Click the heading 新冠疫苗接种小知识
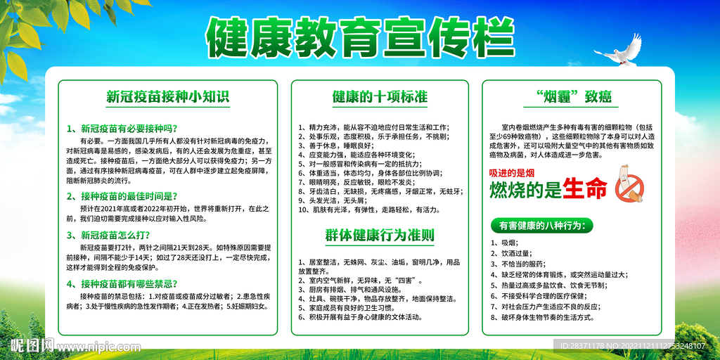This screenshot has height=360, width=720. coord(167,96)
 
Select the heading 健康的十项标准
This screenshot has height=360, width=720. coord(380,96)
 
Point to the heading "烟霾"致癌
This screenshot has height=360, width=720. coord(572,96)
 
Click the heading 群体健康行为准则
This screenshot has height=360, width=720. coord(380,235)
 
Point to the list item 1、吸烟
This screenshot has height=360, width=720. coord(504,243)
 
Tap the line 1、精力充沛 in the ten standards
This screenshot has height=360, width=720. coord(373,127)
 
